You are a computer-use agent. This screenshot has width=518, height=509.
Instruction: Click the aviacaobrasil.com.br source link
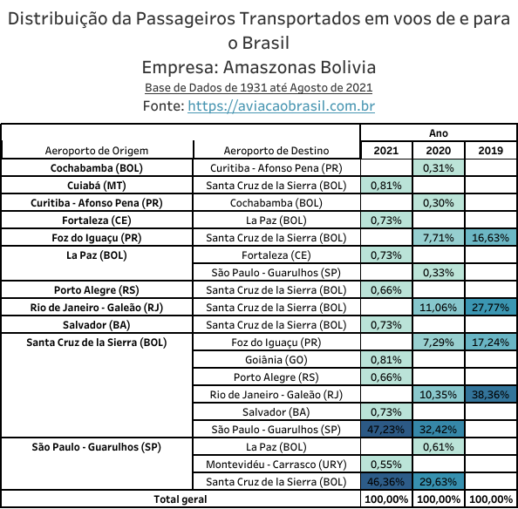coord(281,106)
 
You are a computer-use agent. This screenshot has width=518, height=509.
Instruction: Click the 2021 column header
coord(385,151)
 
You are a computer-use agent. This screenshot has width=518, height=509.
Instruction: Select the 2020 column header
coord(439,151)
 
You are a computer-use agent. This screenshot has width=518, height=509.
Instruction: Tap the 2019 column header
coord(491,151)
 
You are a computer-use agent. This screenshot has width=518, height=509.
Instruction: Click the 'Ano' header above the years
coord(439,133)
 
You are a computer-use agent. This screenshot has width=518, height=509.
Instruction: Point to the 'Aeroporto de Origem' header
coord(97,151)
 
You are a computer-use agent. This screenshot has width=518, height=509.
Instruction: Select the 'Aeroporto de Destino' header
coord(276,151)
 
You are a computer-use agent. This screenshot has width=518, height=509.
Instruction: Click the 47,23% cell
coord(385,430)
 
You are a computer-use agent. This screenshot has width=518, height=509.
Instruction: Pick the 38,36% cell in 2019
coord(491,395)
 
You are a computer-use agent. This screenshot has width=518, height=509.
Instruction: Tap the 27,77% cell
coord(491,308)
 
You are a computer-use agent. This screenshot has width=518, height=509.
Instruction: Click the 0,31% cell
coord(439,168)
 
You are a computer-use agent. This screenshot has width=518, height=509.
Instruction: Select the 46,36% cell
coord(385,482)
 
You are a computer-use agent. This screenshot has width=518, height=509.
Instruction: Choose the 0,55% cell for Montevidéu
coord(385,464)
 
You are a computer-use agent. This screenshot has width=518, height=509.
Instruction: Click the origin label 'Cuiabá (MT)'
coord(97,186)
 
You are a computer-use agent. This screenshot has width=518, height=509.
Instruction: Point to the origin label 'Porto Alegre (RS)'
coord(97,290)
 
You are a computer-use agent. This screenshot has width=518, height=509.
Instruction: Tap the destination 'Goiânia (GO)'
coord(276,359)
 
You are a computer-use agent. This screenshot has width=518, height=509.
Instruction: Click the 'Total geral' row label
coord(181,499)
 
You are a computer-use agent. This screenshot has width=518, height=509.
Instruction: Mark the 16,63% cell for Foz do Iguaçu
coord(491,238)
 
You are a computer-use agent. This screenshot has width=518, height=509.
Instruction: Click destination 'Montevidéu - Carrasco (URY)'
coord(276,464)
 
